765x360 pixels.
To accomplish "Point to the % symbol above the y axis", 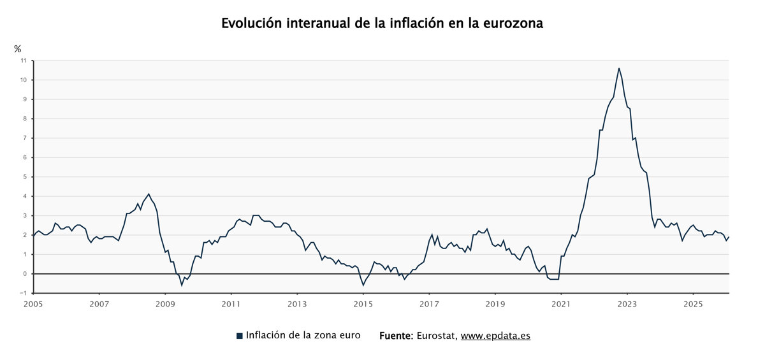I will click(18, 48).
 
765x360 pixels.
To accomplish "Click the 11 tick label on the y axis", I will click(24, 61).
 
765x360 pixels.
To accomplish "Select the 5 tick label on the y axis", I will click(25, 176).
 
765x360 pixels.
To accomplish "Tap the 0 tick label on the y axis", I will click(25, 274).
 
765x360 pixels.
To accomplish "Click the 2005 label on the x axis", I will click(33, 305).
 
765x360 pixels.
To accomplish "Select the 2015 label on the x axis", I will click(363, 305).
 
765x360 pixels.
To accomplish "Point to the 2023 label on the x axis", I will click(627, 305).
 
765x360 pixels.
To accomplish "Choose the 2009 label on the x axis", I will click(165, 305).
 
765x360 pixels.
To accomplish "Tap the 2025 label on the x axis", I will click(692, 305).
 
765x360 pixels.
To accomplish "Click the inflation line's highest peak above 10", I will click(618, 68).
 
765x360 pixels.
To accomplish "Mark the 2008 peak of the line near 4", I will click(149, 194).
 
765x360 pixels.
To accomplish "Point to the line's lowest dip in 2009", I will click(182, 285).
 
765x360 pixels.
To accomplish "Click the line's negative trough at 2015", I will click(363, 285).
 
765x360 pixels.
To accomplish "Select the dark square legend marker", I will click(240, 336).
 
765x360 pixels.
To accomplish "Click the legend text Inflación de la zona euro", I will click(303, 335).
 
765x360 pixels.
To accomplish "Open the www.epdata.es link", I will click(495, 336).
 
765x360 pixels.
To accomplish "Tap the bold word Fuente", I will click(397, 336).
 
